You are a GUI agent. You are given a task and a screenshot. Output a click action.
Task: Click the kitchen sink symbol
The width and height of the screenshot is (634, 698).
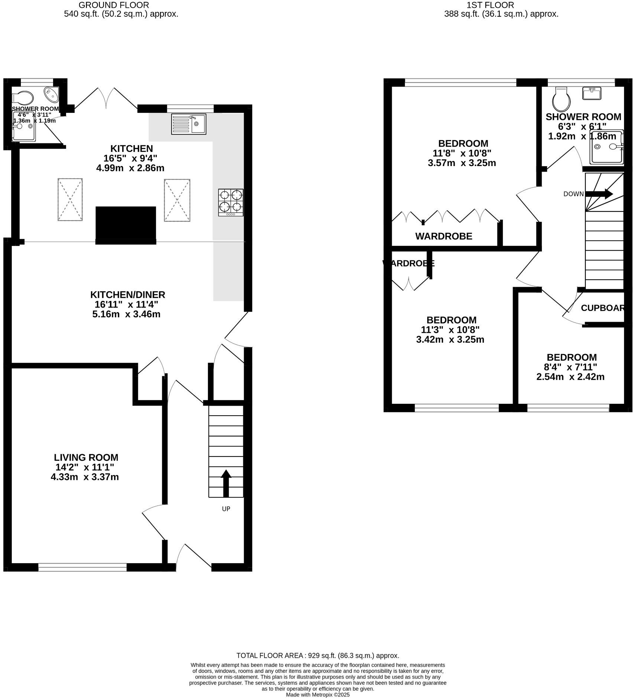click(x=188, y=124)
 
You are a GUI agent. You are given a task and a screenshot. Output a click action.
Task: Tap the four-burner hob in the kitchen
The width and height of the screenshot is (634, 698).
click(x=231, y=202)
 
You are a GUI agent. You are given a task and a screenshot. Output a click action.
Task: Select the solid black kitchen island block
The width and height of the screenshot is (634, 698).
click(x=126, y=225)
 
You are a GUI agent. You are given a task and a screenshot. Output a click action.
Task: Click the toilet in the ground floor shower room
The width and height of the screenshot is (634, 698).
click(x=23, y=98)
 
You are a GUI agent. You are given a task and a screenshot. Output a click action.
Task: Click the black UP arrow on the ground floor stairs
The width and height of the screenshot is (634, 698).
click(x=226, y=483)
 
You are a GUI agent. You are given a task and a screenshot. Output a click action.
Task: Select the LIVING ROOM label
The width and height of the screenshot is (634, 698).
click(x=86, y=457)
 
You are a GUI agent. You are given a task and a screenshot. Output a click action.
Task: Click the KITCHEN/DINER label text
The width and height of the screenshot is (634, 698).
click(x=127, y=295)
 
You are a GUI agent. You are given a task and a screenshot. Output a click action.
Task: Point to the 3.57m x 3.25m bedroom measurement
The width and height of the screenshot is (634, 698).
click(x=462, y=163)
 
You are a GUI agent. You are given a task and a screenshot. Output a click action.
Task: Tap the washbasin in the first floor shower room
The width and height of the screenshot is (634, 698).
click(x=591, y=94)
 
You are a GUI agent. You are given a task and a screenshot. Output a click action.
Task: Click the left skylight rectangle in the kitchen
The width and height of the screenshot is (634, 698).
click(x=70, y=199)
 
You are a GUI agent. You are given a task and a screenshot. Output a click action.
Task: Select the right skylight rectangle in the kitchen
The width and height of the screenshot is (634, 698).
click(x=177, y=200)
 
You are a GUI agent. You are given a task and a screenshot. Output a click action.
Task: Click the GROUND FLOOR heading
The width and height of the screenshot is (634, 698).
click(x=114, y=5)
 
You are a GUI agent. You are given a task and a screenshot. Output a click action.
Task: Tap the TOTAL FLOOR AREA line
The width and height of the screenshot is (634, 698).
click(x=318, y=655)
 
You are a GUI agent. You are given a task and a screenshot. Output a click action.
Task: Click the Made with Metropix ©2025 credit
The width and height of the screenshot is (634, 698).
click(x=318, y=694)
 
